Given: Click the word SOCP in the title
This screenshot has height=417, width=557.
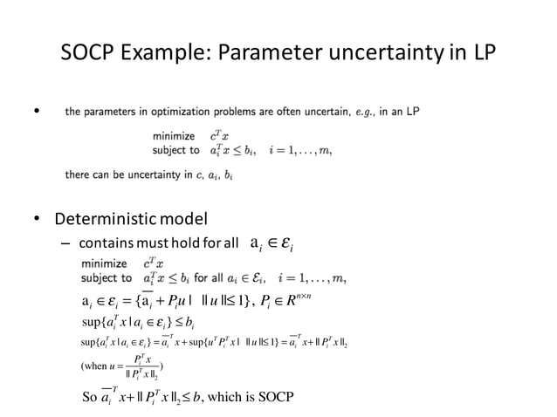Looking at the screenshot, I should pyautogui.click(x=92, y=54).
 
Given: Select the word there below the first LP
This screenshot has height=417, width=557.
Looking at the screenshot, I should pyautogui.click(x=78, y=175).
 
